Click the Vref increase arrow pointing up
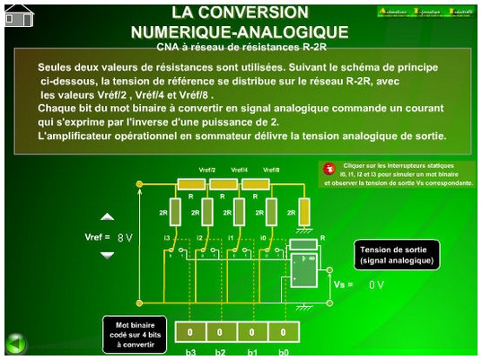107,217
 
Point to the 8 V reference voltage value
125,238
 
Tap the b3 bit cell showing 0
190,332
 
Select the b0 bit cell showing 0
283,332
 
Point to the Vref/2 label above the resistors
206,170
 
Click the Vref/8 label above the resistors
271,170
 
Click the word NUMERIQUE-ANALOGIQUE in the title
239,32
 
